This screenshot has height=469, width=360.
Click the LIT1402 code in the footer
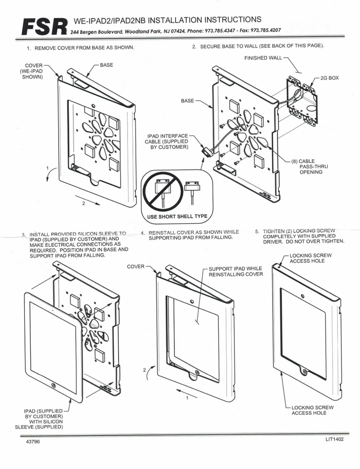pyautogui.click(x=335, y=439)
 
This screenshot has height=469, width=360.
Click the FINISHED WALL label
pyautogui.click(x=263, y=58)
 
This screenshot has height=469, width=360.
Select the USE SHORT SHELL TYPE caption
pyautogui.click(x=177, y=216)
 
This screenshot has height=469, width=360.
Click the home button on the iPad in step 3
pyautogui.click(x=53, y=386)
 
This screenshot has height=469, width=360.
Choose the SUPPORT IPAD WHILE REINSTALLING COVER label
pyautogui.click(x=235, y=271)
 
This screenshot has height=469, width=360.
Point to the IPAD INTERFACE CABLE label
pyautogui.click(x=168, y=141)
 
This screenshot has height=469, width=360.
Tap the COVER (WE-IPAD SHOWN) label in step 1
pyautogui.click(x=33, y=71)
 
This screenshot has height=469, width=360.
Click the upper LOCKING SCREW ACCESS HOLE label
pyautogui.click(x=311, y=258)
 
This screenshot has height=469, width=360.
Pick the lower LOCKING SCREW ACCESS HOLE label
pyautogui.click(x=312, y=410)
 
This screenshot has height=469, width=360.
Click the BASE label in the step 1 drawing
pyautogui.click(x=106, y=64)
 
